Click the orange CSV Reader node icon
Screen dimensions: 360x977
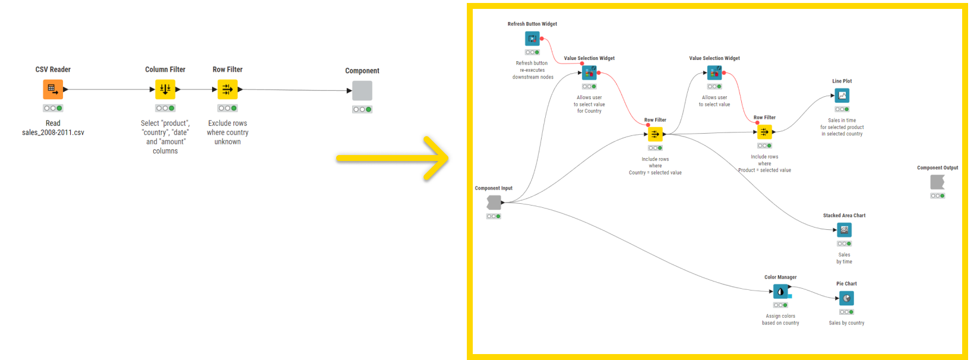click(53, 90)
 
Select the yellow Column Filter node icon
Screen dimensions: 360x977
click(165, 90)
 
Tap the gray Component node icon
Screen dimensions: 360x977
click(362, 91)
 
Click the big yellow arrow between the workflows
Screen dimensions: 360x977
click(393, 158)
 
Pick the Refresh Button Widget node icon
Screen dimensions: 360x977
click(532, 39)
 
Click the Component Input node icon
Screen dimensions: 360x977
click(494, 203)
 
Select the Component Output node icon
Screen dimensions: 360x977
click(937, 182)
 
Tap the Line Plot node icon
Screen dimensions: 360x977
click(842, 96)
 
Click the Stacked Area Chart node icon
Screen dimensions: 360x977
click(844, 230)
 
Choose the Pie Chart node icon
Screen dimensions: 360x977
click(846, 298)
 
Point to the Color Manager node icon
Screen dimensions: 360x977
click(780, 292)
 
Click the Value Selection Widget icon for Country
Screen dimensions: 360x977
click(589, 73)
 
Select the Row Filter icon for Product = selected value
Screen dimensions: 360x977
click(764, 132)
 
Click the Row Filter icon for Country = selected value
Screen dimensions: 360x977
click(655, 134)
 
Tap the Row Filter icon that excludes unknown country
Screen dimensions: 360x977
click(227, 90)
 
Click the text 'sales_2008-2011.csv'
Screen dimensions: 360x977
click(53, 132)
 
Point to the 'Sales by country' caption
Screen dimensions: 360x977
click(846, 323)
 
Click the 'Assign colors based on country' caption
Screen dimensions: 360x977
click(780, 320)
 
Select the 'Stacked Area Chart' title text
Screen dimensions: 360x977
click(844, 216)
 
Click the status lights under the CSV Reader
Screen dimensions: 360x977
click(53, 108)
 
